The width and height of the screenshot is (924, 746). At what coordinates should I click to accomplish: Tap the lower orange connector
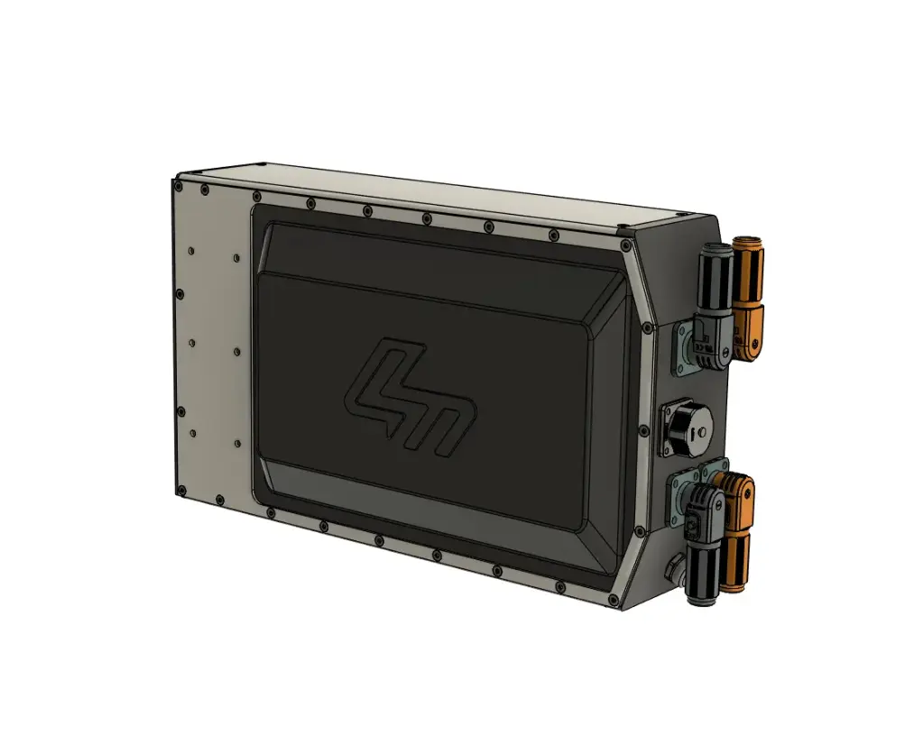(x=735, y=532)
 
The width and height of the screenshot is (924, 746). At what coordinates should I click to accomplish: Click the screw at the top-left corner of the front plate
(x=179, y=186)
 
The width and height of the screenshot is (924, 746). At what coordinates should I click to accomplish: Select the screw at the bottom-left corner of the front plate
(x=181, y=492)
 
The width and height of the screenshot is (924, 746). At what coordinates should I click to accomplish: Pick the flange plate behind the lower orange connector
(x=715, y=467)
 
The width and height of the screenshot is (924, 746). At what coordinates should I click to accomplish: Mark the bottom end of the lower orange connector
(x=734, y=587)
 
